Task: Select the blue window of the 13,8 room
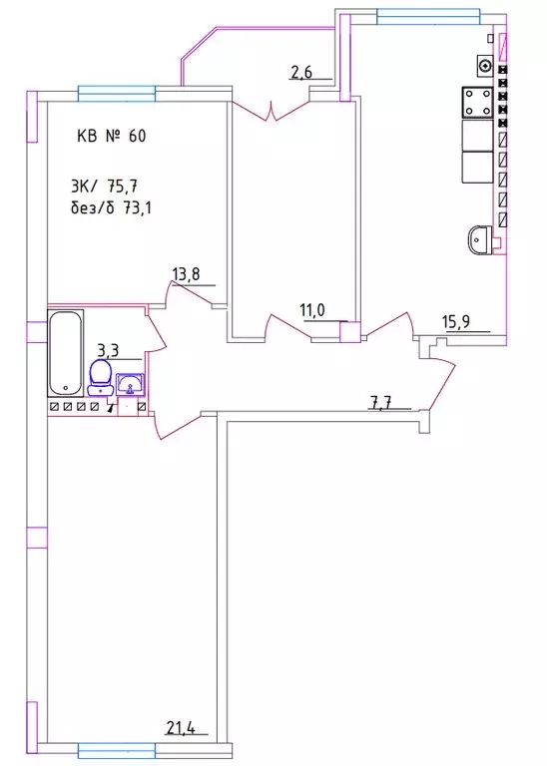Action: point(117,94)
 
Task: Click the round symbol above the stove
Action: point(484,66)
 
